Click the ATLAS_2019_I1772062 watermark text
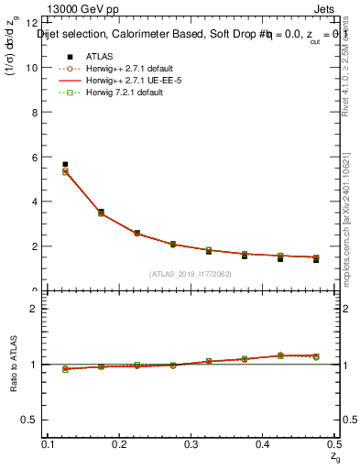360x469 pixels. pos(189,274)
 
